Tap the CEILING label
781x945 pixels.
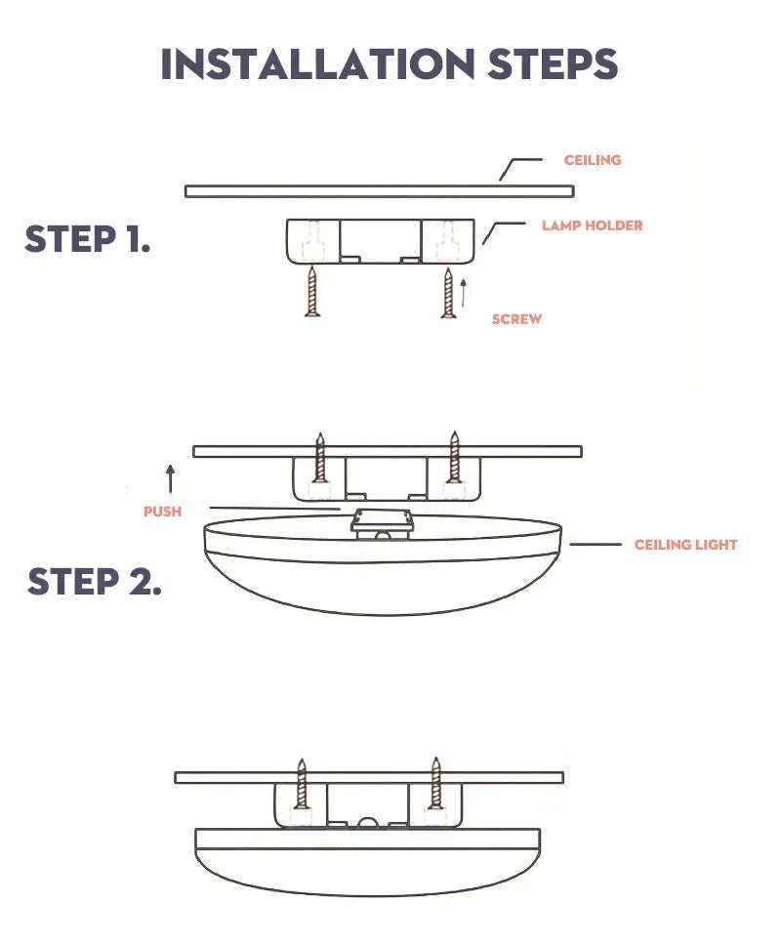pos(593,160)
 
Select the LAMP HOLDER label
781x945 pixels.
pos(593,226)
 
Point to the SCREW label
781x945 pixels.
pos(516,319)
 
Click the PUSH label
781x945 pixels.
pos(162,511)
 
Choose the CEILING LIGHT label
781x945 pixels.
pos(685,545)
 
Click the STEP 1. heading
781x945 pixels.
pos(88,239)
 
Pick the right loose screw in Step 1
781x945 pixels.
pos(448,293)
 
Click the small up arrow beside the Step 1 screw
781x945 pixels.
pos(465,291)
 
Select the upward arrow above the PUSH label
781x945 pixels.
pos(171,478)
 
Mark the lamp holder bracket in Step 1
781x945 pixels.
pos(381,240)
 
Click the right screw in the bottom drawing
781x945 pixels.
pos(435,784)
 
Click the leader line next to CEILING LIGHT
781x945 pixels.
pos(596,544)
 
